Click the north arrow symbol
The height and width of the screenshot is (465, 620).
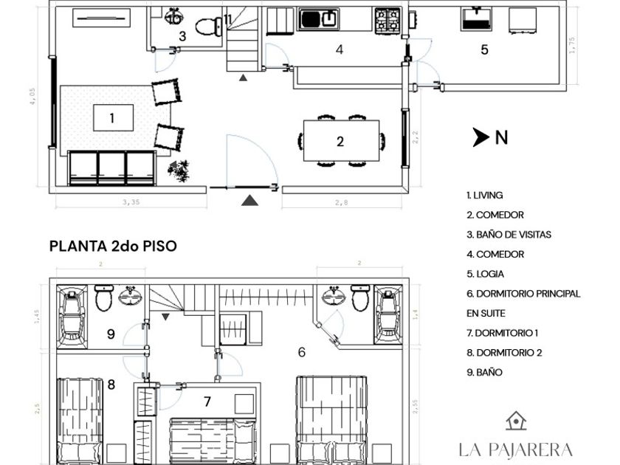[x=480, y=137]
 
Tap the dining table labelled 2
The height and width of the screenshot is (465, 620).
[x=341, y=141]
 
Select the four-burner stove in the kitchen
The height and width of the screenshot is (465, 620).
[x=387, y=20]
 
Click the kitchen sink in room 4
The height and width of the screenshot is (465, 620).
[x=319, y=19]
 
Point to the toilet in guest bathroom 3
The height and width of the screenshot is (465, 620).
[x=209, y=27]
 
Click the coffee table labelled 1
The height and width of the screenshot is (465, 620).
[x=113, y=117]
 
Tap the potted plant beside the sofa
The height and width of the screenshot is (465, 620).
[x=179, y=170]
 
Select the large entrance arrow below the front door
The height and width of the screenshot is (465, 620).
[x=249, y=201]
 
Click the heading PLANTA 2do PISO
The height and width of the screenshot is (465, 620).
[x=113, y=246]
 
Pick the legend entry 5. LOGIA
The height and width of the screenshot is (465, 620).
[x=485, y=274]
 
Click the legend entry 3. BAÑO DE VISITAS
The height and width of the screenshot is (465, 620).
[x=509, y=235]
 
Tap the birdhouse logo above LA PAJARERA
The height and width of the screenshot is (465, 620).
[x=516, y=421]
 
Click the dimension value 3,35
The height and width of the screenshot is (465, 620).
[x=131, y=202]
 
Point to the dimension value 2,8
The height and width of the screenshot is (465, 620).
[x=342, y=202]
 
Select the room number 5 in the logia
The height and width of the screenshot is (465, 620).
[x=484, y=50]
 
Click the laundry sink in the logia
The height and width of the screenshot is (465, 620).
[x=477, y=18]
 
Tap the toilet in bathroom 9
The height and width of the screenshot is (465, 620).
[x=104, y=297]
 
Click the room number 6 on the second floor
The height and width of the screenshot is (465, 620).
[x=302, y=352]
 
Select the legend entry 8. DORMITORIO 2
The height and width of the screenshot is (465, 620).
[x=504, y=353]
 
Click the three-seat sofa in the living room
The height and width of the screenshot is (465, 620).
[x=112, y=168]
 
